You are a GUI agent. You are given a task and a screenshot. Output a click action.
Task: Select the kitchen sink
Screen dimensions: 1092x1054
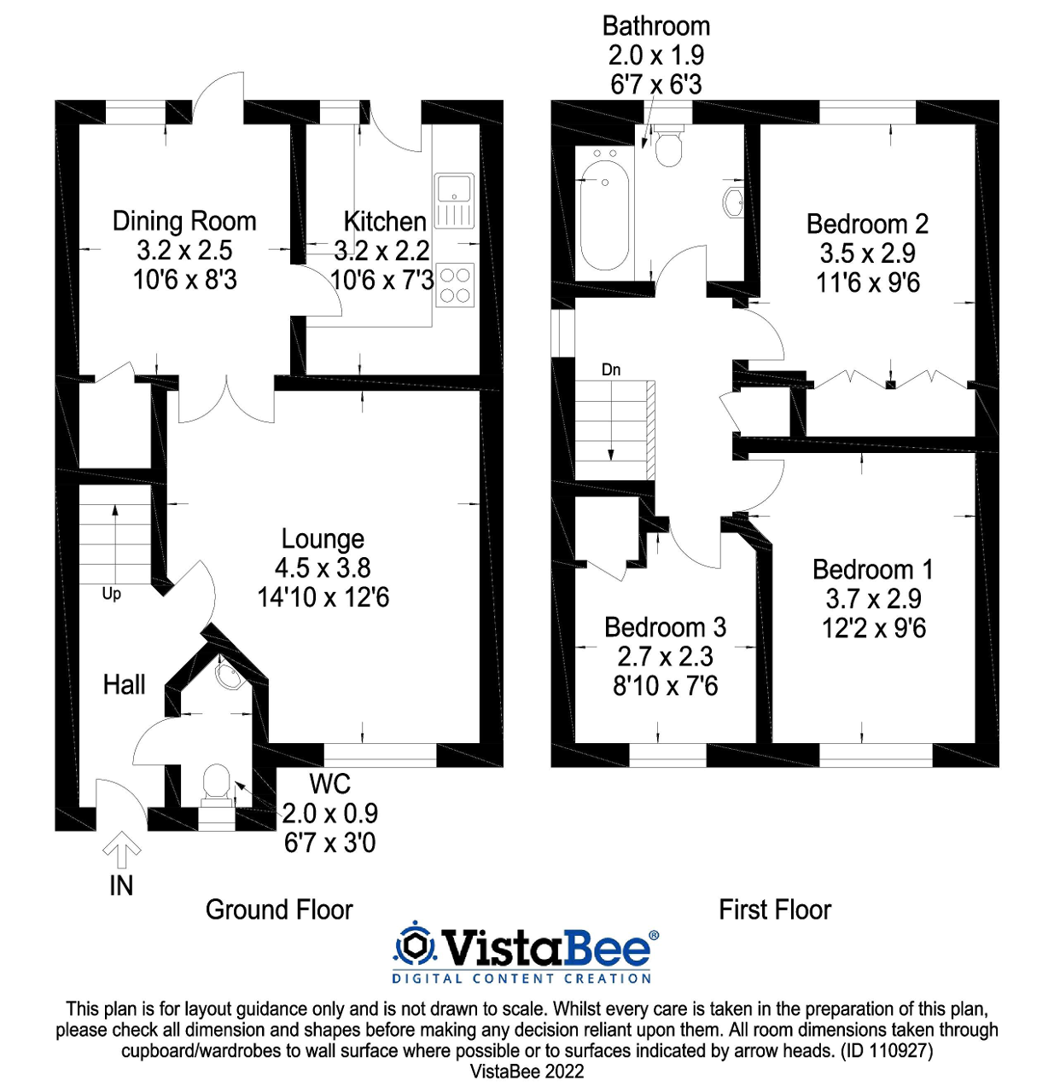[x=454, y=200]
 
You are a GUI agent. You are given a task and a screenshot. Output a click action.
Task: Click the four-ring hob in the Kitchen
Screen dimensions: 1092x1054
[x=454, y=285]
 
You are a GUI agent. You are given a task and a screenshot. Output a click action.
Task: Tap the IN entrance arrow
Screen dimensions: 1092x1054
[x=121, y=850]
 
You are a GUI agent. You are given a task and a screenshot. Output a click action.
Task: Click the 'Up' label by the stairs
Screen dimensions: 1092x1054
[x=112, y=594]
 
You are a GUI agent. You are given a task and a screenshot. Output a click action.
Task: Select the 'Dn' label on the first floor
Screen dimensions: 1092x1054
[x=611, y=369]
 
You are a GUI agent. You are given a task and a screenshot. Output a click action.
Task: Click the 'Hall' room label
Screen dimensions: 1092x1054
[x=124, y=684]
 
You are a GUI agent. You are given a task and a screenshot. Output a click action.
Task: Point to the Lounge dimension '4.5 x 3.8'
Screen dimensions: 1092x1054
[x=323, y=568]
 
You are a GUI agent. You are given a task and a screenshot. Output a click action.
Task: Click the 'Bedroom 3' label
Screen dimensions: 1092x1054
[x=665, y=627]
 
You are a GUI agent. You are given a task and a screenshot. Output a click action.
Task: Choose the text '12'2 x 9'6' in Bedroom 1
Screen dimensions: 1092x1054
[x=873, y=629]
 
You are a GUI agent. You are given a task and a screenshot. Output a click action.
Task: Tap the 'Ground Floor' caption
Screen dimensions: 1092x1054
[x=279, y=909]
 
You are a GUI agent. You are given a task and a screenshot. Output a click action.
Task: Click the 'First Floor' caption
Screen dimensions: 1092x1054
[x=775, y=909]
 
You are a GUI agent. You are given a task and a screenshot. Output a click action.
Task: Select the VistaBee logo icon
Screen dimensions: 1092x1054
[x=415, y=944]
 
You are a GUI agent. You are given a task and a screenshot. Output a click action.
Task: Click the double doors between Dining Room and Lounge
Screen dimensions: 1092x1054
[x=227, y=399]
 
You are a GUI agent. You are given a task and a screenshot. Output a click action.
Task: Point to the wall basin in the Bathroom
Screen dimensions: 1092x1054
[x=734, y=203]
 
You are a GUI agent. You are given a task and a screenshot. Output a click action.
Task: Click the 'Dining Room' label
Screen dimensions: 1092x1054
[x=184, y=221]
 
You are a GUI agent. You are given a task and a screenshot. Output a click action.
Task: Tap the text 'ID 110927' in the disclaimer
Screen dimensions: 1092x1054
[x=888, y=1051]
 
